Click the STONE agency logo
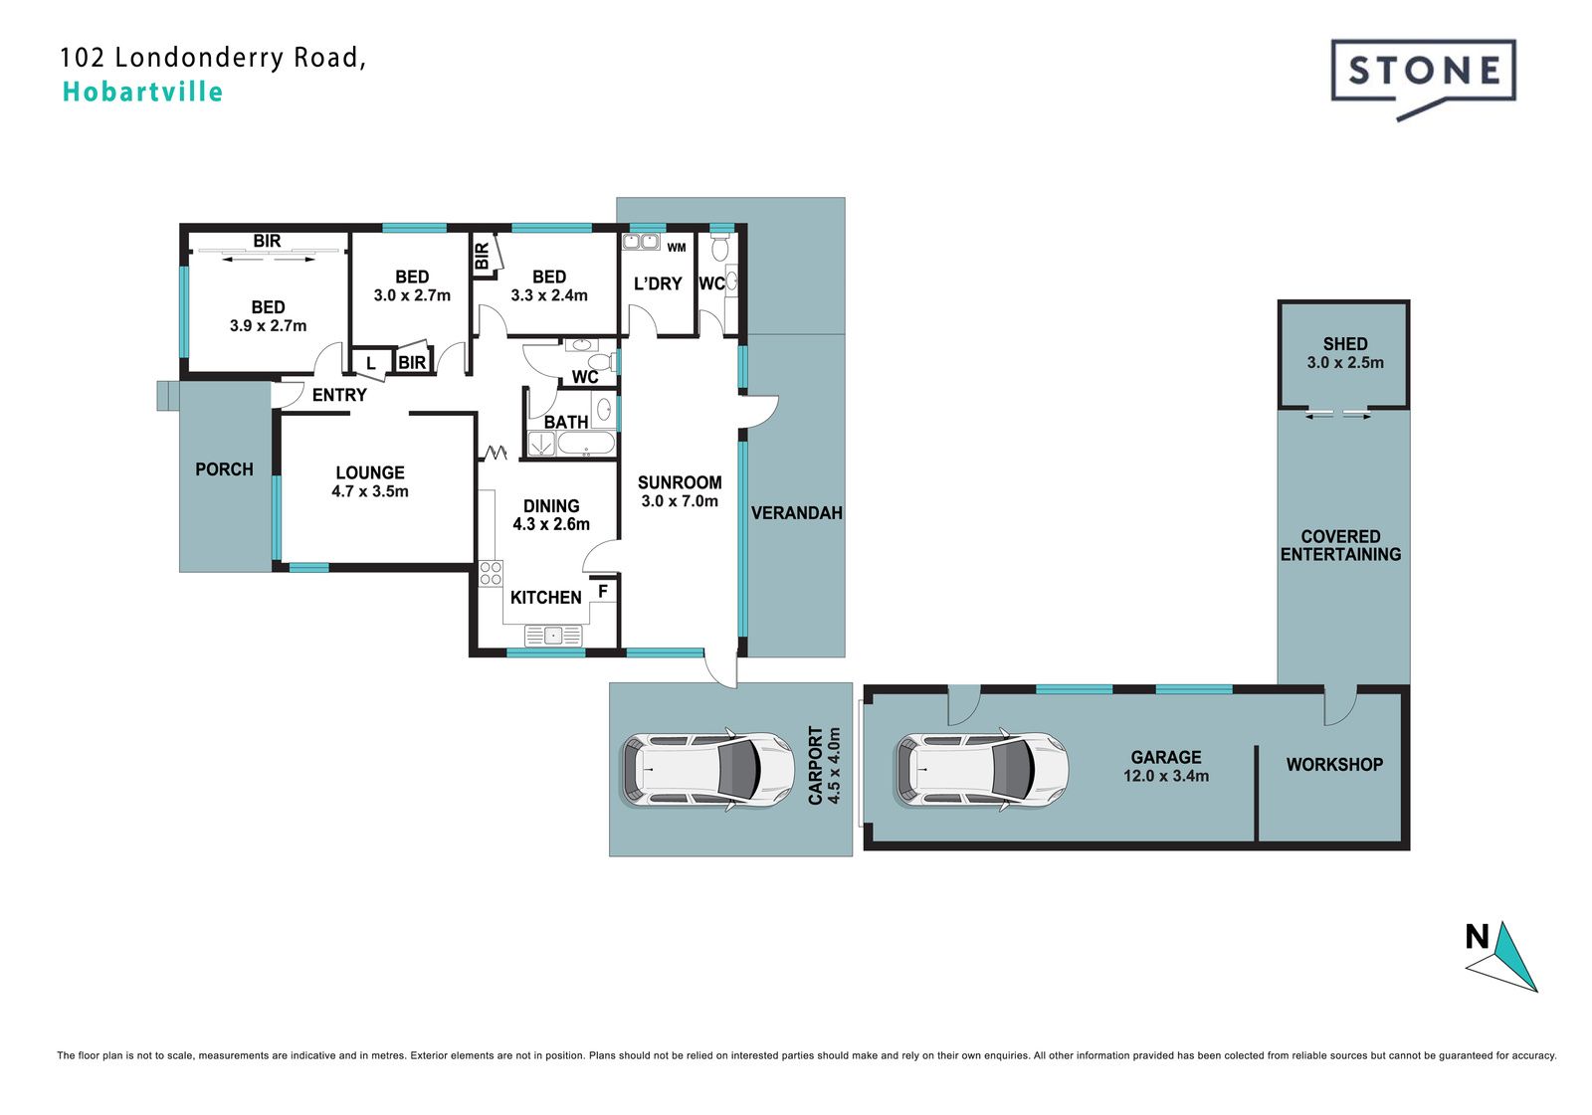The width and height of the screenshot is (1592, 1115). click(x=1423, y=80)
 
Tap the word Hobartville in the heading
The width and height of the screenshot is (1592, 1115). click(x=143, y=93)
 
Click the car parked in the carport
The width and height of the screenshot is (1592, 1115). click(x=707, y=770)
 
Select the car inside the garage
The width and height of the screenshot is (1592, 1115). click(x=981, y=770)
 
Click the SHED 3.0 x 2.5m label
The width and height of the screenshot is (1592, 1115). click(x=1344, y=353)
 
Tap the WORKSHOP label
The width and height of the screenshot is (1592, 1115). click(x=1334, y=765)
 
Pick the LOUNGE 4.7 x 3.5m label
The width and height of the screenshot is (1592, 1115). click(x=369, y=481)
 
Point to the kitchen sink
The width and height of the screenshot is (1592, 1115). click(x=553, y=635)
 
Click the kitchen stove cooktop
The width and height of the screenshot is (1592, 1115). click(x=491, y=573)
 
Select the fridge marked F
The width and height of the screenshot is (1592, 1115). click(x=603, y=591)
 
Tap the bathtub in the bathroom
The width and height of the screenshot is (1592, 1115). click(x=586, y=444)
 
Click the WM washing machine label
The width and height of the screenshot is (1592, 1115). click(x=677, y=248)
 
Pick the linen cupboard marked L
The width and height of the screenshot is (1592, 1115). click(x=370, y=363)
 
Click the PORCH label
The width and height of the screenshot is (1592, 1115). click(x=224, y=469)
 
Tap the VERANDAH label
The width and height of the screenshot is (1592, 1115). click(x=797, y=513)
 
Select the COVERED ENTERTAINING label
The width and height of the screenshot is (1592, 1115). click(x=1340, y=546)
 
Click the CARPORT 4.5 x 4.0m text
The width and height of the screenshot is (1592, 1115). click(x=825, y=765)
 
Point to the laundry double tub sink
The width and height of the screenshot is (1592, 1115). click(x=641, y=242)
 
